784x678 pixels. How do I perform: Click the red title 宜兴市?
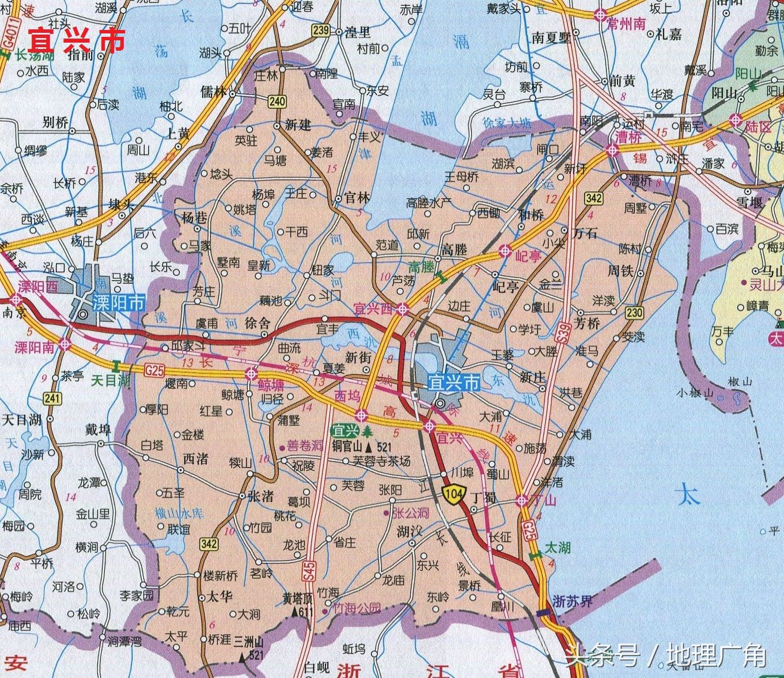pyautogui.click(x=77, y=39)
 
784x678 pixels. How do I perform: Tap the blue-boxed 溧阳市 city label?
pyautogui.click(x=118, y=302)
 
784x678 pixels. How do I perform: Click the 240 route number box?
pyautogui.click(x=277, y=102)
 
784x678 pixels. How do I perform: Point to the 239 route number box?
pyautogui.click(x=320, y=30)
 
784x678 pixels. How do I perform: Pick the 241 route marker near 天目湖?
pyautogui.click(x=52, y=398)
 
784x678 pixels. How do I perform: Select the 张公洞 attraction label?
pyautogui.click(x=410, y=513)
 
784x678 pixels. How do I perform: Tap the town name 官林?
pyautogui.click(x=357, y=198)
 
